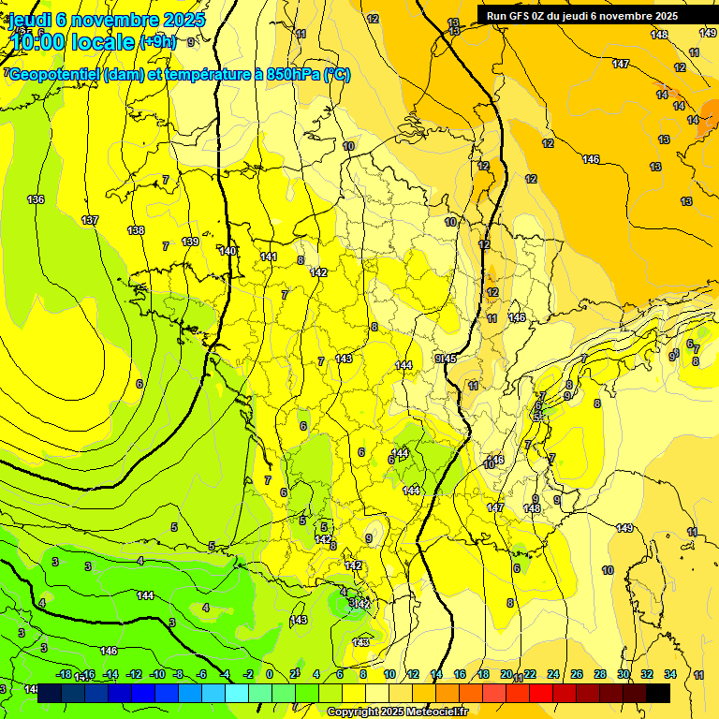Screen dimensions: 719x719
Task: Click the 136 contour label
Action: [36, 199]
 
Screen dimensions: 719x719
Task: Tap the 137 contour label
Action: [90, 220]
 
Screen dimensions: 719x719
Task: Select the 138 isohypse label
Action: [136, 230]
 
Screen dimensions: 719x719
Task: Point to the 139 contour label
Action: [190, 242]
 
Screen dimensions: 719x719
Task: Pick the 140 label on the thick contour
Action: [227, 251]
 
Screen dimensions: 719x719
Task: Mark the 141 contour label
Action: [269, 257]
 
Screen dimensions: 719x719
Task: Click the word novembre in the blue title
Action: [122, 20]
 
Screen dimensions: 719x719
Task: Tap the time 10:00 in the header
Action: [45, 42]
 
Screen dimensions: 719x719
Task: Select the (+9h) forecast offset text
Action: [157, 42]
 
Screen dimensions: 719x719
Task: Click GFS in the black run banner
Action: [525, 16]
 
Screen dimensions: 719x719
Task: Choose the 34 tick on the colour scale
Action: [669, 674]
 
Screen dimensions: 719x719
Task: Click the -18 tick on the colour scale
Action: [64, 674]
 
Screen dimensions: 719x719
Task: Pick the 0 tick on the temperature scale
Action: [270, 674]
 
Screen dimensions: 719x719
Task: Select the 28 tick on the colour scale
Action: [600, 674]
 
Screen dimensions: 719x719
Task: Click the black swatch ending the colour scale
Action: [658, 693]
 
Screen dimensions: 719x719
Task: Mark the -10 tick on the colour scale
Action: [156, 674]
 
